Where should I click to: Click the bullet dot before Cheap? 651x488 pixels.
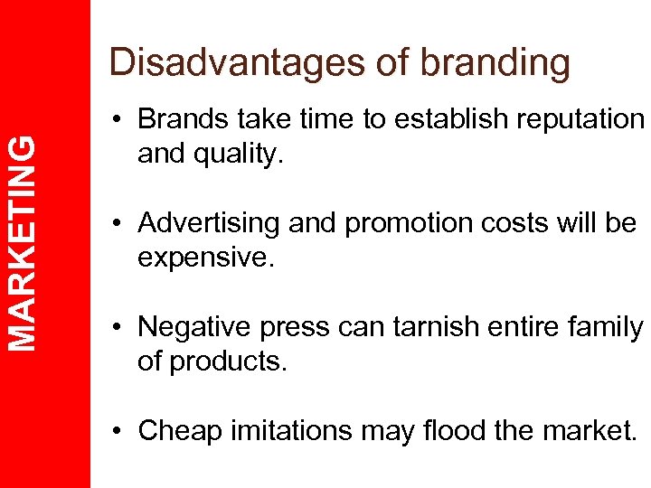coord(119,431)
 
